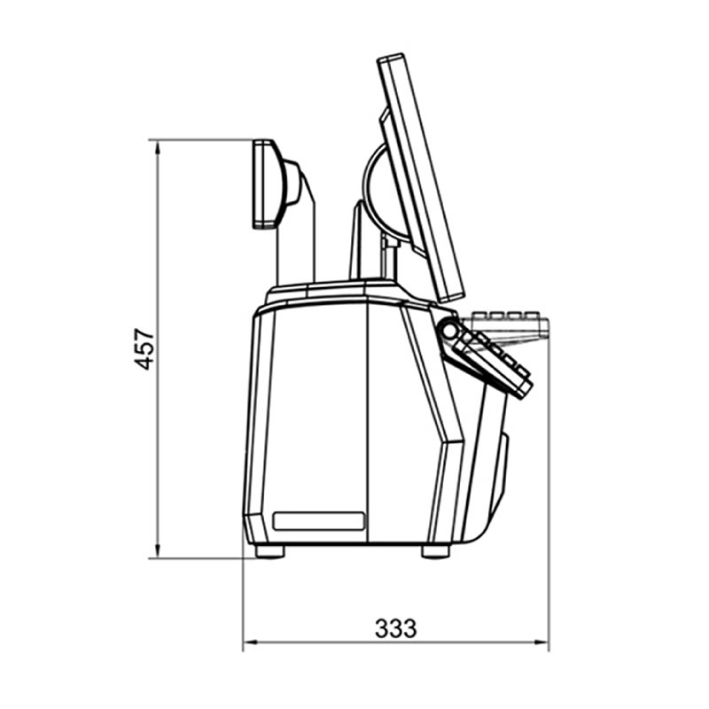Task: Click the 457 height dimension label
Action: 144,349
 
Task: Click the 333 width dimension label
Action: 395,628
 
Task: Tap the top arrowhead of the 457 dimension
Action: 158,147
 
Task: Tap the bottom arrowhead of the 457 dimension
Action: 158,550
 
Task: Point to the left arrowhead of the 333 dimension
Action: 251,642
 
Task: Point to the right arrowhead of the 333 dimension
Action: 541,642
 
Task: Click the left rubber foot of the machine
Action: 269,550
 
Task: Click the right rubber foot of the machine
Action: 435,550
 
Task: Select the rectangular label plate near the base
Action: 319,521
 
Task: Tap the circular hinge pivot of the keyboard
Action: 449,330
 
